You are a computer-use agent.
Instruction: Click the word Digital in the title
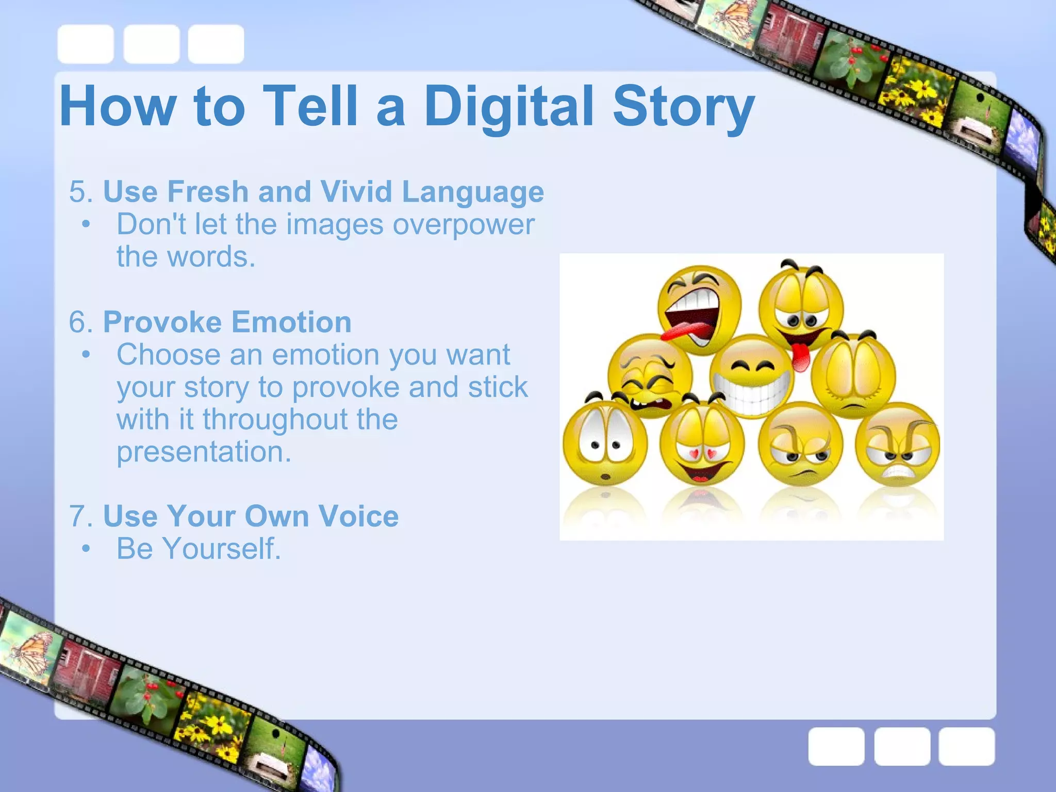pyautogui.click(x=508, y=107)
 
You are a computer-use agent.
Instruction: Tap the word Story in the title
pyautogui.click(x=683, y=107)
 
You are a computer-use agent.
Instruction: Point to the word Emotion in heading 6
pyautogui.click(x=291, y=322)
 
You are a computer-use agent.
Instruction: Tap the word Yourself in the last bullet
pyautogui.click(x=222, y=549)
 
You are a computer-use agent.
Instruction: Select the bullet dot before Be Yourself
pyautogui.click(x=86, y=549)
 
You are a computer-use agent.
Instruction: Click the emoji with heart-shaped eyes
pyautogui.click(x=702, y=444)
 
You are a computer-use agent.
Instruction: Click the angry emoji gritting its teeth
pyautogui.click(x=898, y=444)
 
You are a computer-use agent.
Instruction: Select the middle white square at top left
pyautogui.click(x=152, y=44)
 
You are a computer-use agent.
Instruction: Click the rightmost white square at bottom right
pyautogui.click(x=966, y=746)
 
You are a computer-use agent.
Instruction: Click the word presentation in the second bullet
pyautogui.click(x=204, y=452)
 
